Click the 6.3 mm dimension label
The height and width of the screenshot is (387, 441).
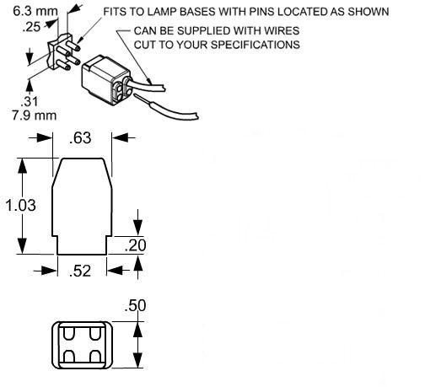[35, 12]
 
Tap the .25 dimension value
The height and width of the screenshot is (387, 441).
[31, 27]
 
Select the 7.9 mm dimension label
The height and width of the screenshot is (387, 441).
[34, 116]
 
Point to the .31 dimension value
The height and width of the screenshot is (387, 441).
[30, 101]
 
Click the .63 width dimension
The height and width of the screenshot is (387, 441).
[80, 138]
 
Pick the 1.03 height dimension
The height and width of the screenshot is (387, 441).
[20, 205]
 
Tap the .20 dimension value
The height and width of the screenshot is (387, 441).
[135, 245]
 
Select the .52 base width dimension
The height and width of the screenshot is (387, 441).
[80, 271]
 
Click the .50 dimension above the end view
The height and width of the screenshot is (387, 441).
[135, 305]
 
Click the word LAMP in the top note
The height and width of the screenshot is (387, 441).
[162, 12]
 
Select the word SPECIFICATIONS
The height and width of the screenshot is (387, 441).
[255, 45]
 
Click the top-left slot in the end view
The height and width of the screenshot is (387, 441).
[68, 334]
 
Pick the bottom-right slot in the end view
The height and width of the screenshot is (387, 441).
[95, 357]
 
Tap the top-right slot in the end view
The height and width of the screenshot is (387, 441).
[95, 334]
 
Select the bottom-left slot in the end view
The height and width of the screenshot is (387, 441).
[68, 357]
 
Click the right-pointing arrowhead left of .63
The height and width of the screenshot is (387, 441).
[44, 137]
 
